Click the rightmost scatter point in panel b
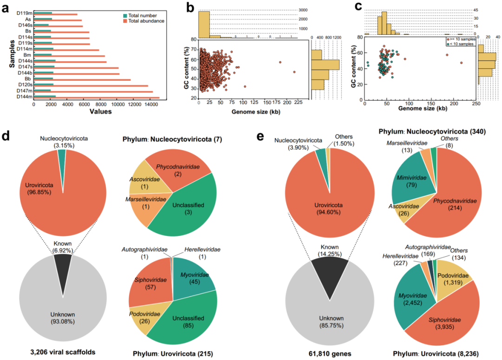(x=294, y=72)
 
